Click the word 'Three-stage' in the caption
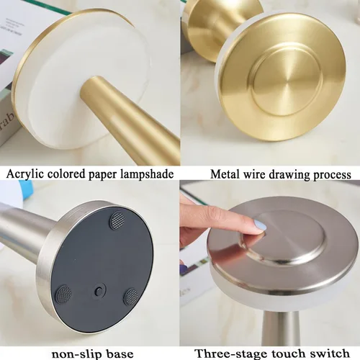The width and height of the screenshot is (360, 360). pos(231,354)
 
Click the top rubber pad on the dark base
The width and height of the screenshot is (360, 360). pos(117,220)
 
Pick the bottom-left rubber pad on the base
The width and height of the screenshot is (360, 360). pos(64,294)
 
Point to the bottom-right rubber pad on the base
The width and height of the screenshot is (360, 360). pos(131,297)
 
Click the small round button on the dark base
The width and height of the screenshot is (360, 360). pos(98,291)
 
